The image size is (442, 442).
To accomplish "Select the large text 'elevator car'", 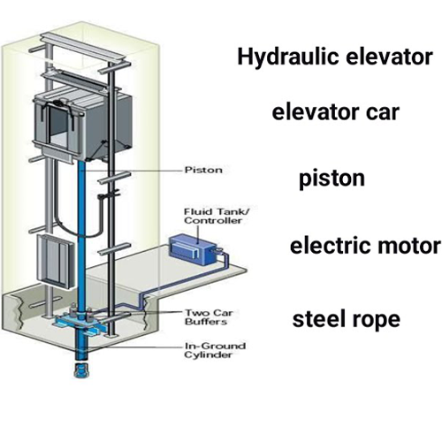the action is [x=336, y=112].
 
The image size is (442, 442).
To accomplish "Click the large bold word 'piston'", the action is [x=331, y=179].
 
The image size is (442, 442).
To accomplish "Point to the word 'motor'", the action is [x=409, y=246].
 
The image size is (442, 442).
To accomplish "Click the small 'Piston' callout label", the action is [x=203, y=170].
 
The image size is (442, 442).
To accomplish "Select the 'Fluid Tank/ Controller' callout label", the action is [x=217, y=216].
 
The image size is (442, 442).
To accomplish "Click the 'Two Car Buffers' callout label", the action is [x=209, y=317].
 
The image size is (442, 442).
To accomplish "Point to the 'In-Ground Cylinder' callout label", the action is [x=215, y=350].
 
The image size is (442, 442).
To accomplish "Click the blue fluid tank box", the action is [x=193, y=249].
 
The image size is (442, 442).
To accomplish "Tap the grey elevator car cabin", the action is [x=83, y=124].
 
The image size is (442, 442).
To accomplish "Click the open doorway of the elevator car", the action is [x=60, y=126].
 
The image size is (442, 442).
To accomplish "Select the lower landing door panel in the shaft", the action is [x=56, y=263].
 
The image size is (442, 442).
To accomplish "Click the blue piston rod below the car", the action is [x=82, y=236].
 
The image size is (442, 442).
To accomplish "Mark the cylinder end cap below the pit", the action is [x=81, y=371].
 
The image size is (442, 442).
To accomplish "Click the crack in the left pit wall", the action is [x=19, y=315].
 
